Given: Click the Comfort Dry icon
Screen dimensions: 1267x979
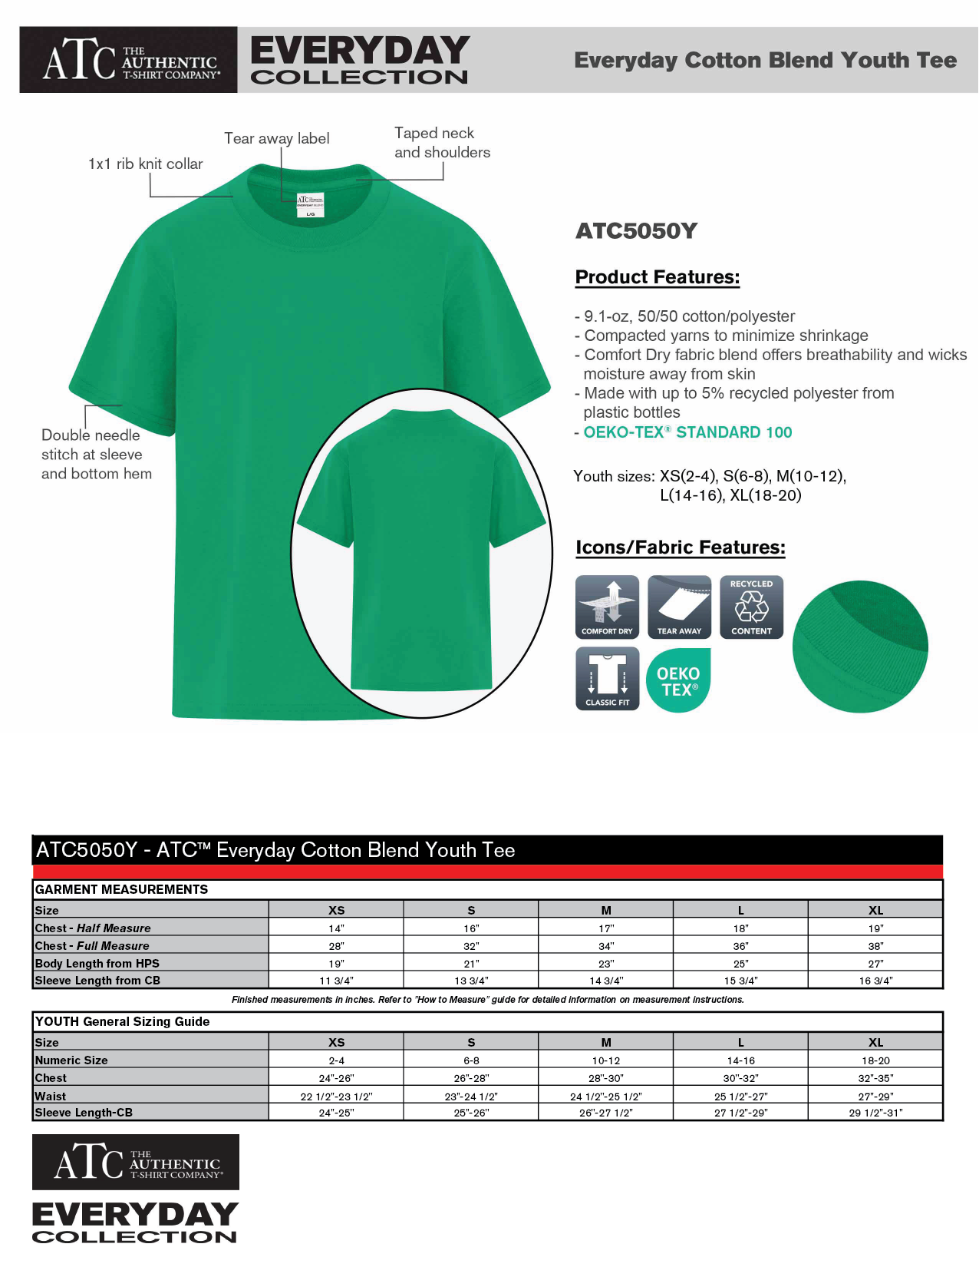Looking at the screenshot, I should (x=607, y=607).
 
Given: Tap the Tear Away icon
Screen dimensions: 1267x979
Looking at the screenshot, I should (x=679, y=607).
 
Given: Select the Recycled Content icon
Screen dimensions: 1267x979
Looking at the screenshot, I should (x=751, y=607).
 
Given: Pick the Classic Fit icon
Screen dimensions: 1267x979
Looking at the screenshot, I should (x=607, y=679).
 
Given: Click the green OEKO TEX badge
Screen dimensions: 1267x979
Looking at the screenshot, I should (x=679, y=680).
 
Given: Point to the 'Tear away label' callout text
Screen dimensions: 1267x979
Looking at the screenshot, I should (x=277, y=138).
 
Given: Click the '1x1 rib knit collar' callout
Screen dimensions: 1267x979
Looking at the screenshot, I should (x=146, y=164).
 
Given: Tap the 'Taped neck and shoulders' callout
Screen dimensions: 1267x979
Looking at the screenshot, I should (x=442, y=143).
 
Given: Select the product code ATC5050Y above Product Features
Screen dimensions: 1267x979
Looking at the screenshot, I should (x=636, y=231).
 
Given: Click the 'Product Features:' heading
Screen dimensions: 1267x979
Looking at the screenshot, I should (x=658, y=277).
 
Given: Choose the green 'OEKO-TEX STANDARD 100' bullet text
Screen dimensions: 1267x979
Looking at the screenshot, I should (x=687, y=432).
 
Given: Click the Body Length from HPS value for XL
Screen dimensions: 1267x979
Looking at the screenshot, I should (x=875, y=964).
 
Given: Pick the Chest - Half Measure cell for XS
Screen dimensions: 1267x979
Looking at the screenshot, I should (x=336, y=928).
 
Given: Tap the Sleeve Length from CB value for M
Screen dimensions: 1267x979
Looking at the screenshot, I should (x=606, y=981).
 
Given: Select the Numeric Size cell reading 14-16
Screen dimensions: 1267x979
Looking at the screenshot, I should (x=740, y=1060).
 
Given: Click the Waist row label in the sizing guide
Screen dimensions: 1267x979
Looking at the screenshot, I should (x=51, y=1096).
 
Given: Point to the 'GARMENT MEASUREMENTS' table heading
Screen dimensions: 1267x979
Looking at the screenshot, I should (x=121, y=889).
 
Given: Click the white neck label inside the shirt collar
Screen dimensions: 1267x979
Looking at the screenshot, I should (x=310, y=205).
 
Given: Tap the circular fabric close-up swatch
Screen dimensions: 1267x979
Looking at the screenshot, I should (x=860, y=647).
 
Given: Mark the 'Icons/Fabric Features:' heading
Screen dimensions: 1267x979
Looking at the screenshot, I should (x=681, y=547).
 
